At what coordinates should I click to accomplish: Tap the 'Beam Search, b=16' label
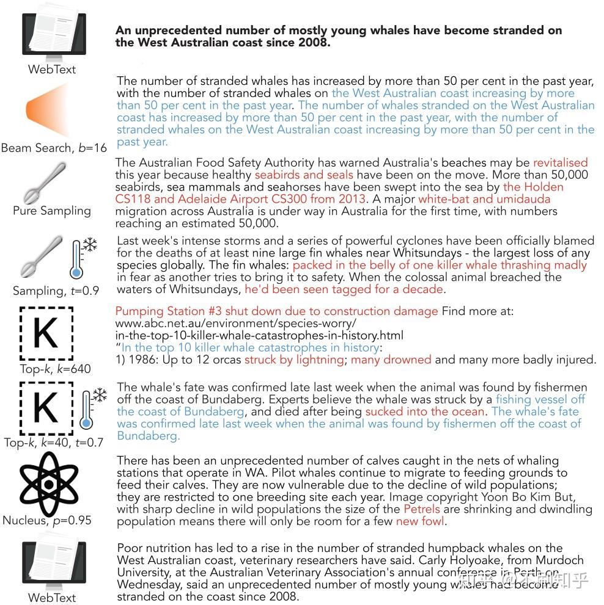[54, 148]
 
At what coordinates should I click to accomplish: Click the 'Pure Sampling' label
[52, 211]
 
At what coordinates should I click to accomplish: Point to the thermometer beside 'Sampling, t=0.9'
[77, 259]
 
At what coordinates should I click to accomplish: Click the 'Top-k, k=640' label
[55, 368]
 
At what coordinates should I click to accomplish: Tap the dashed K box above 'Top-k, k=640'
[46, 334]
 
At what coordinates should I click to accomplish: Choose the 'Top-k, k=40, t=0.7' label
[53, 442]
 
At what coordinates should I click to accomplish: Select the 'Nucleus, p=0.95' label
[47, 520]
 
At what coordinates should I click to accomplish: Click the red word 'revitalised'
[560, 162]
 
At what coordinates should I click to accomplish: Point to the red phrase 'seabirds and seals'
[304, 175]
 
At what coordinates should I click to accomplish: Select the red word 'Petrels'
[422, 509]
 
